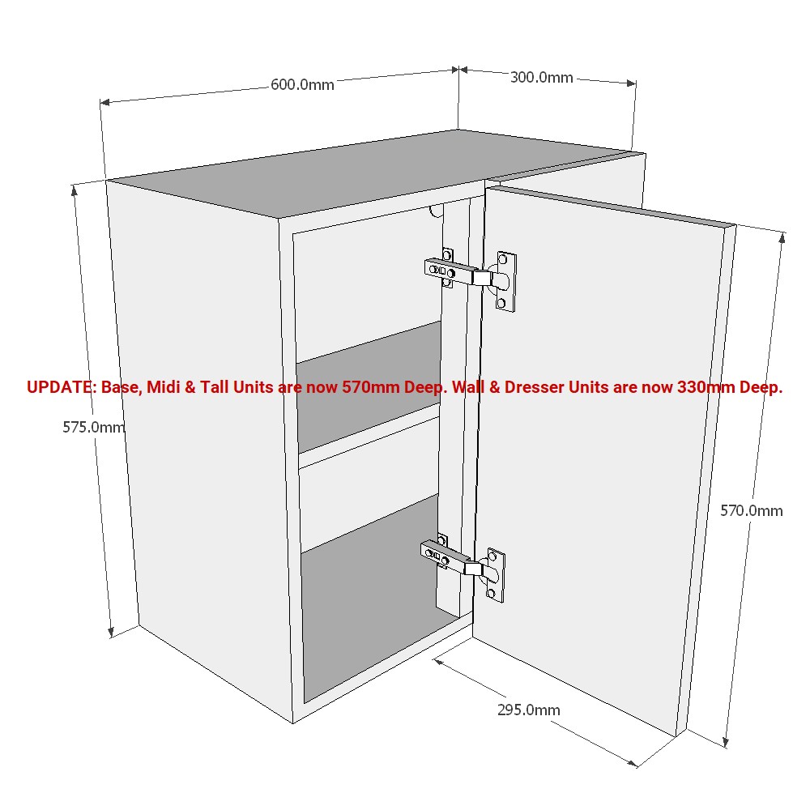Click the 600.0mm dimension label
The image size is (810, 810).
(x=302, y=85)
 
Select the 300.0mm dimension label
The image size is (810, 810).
(x=541, y=78)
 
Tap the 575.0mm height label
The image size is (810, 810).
(x=94, y=427)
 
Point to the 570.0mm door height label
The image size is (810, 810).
(x=752, y=510)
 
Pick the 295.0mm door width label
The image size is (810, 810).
(x=528, y=710)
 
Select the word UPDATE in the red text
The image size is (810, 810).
(x=60, y=387)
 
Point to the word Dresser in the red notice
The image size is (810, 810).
(x=535, y=387)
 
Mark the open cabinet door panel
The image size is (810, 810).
(x=599, y=454)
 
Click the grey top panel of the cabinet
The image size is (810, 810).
(x=364, y=170)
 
